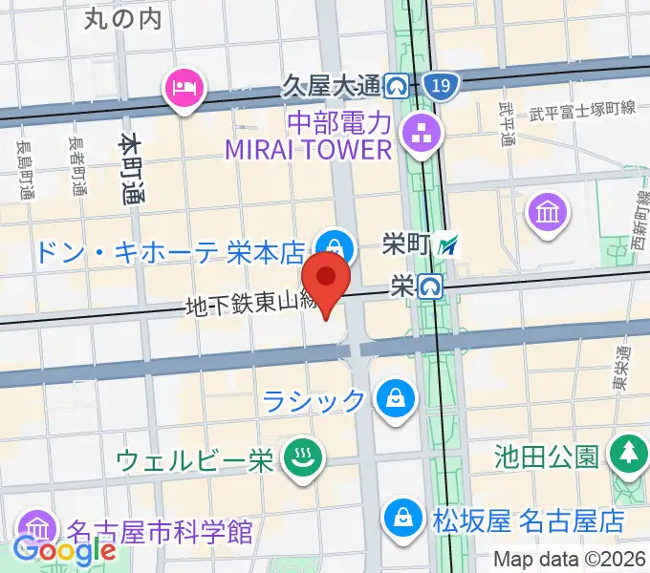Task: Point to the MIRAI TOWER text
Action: [x=308, y=150]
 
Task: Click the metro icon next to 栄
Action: [x=432, y=285]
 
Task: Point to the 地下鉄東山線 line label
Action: [x=249, y=306]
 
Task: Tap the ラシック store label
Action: [x=315, y=399]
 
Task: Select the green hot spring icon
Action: [x=303, y=460]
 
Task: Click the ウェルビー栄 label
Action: [x=195, y=460]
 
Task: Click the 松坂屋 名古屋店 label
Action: [x=528, y=521]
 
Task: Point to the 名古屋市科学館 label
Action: [x=160, y=528]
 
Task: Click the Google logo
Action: [x=65, y=550]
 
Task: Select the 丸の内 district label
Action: [x=123, y=17]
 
